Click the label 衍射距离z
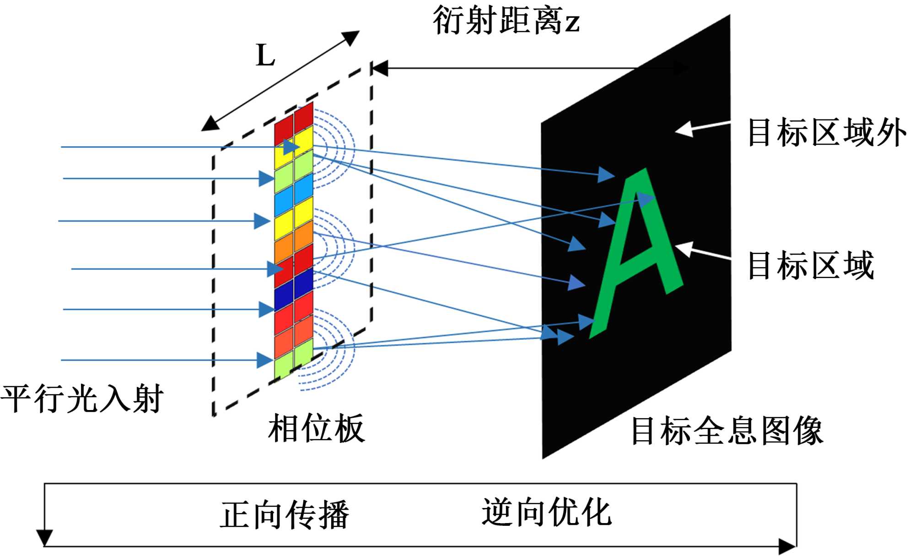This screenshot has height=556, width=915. pyautogui.click(x=506, y=21)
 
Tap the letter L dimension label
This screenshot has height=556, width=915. pyautogui.click(x=265, y=56)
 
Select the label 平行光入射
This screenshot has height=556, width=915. pyautogui.click(x=82, y=398)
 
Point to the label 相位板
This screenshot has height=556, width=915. pyautogui.click(x=316, y=428)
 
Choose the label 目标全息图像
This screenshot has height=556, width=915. pyautogui.click(x=727, y=431)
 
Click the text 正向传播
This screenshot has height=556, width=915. pyautogui.click(x=285, y=515)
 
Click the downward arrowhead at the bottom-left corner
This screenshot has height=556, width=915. pyautogui.click(x=44, y=538)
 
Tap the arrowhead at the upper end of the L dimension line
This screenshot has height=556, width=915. pyautogui.click(x=351, y=37)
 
